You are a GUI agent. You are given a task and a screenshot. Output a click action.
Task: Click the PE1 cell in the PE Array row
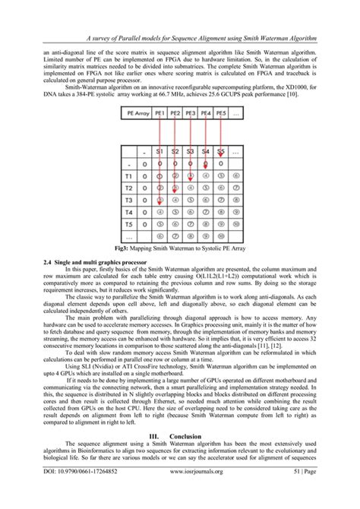click(x=159, y=114)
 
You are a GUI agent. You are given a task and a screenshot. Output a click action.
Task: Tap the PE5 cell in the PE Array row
click(x=221, y=114)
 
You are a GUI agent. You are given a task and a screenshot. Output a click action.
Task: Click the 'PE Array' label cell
click(x=131, y=114)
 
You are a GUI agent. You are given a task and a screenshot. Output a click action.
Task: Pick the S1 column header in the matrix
click(x=159, y=151)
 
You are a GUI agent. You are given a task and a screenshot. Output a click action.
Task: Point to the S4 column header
click(x=206, y=151)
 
